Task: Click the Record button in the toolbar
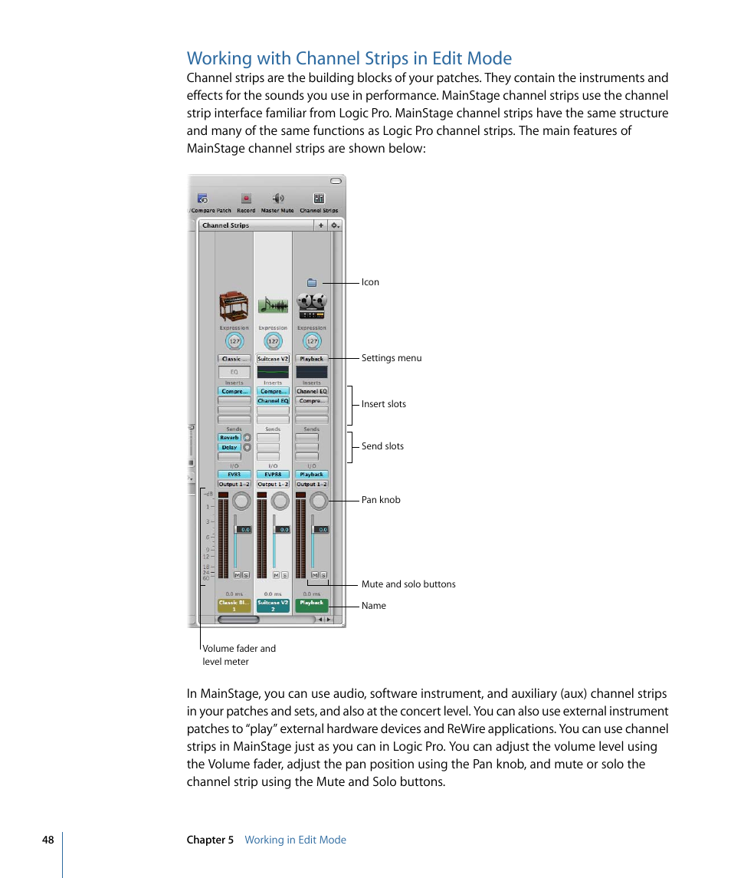(246, 199)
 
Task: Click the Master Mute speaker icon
(277, 199)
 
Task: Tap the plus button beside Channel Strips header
(320, 225)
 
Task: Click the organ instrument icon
(234, 305)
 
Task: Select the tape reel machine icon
(311, 305)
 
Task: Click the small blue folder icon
(312, 282)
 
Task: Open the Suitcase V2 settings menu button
(273, 359)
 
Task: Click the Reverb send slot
(229, 438)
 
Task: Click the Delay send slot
(229, 447)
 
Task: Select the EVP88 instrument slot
(273, 475)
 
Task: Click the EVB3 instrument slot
(234, 475)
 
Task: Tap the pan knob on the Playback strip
(319, 501)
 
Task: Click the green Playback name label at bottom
(312, 605)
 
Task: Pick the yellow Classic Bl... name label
(234, 605)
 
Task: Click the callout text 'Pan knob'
(381, 500)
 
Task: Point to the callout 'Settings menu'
(392, 358)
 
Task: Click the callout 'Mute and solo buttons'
(408, 584)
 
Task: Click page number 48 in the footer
(48, 840)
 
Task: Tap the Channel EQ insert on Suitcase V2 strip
(273, 401)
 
